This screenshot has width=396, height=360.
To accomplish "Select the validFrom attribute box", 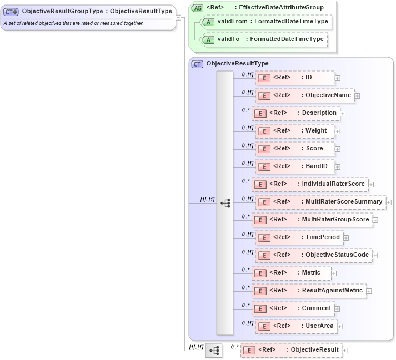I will pyautogui.click(x=265, y=22).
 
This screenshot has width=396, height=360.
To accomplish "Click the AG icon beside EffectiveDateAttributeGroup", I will pyautogui.click(x=198, y=7).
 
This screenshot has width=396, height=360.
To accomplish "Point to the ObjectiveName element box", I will pyautogui.click(x=304, y=95).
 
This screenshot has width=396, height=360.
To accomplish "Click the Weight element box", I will pyautogui.click(x=295, y=131).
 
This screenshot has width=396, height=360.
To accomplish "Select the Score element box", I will pyautogui.click(x=295, y=149).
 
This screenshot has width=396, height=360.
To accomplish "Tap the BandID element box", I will pyautogui.click(x=295, y=166).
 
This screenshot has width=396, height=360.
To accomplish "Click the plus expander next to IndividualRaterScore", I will pyautogui.click(x=371, y=185).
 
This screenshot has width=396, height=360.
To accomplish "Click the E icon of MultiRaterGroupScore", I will pyautogui.click(x=259, y=220).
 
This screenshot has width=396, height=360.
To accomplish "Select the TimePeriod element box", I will pyautogui.click(x=299, y=237).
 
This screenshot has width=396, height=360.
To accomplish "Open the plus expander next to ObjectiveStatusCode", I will pyautogui.click(x=375, y=256).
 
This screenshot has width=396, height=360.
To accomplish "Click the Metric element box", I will pyautogui.click(x=292, y=273).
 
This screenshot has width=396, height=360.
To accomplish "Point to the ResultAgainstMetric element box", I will pyautogui.click(x=309, y=291).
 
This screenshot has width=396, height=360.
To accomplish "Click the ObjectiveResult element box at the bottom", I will pyautogui.click(x=290, y=350).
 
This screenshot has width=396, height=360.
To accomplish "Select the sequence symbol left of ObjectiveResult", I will pyautogui.click(x=213, y=351).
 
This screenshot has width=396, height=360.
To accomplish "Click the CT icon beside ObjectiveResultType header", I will pyautogui.click(x=197, y=64).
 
